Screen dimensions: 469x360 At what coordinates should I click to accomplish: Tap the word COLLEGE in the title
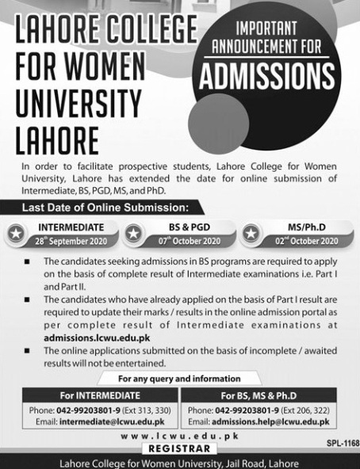coord(141,35)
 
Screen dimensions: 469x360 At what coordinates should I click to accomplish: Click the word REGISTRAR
coord(181,448)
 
